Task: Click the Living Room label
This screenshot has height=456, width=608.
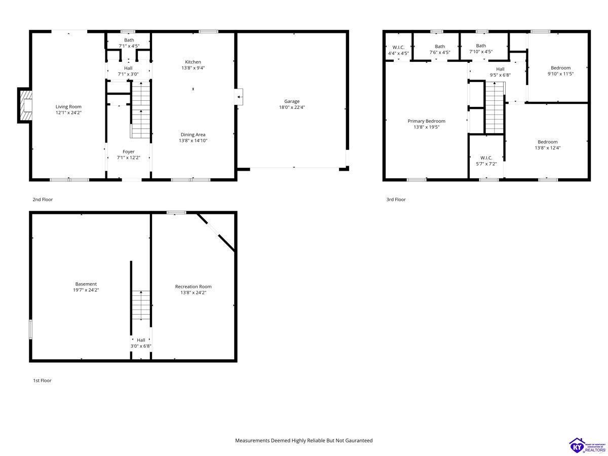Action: (68, 106)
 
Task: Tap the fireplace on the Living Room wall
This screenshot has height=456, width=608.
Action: (25, 105)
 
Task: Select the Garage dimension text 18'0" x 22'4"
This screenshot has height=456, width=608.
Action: (292, 107)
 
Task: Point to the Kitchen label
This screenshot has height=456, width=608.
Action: (193, 62)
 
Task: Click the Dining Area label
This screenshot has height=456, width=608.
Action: (193, 135)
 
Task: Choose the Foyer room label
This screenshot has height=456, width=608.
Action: (129, 151)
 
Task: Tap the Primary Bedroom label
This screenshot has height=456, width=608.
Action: (426, 121)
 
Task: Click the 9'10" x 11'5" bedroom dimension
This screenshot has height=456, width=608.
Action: (560, 74)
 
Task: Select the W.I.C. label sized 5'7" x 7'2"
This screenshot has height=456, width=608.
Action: (486, 158)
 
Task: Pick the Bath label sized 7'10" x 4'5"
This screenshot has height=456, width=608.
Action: (481, 46)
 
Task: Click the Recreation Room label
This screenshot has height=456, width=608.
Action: (194, 287)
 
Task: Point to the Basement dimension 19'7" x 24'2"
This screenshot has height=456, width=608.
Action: (86, 290)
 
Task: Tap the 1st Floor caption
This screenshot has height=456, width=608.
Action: (43, 381)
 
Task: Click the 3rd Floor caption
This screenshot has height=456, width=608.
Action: (396, 199)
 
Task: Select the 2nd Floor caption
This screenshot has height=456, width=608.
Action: (43, 199)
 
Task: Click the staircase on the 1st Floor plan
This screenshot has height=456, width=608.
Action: (141, 306)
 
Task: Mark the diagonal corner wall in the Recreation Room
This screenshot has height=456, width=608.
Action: (216, 232)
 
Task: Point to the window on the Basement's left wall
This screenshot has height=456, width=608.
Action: (31, 329)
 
